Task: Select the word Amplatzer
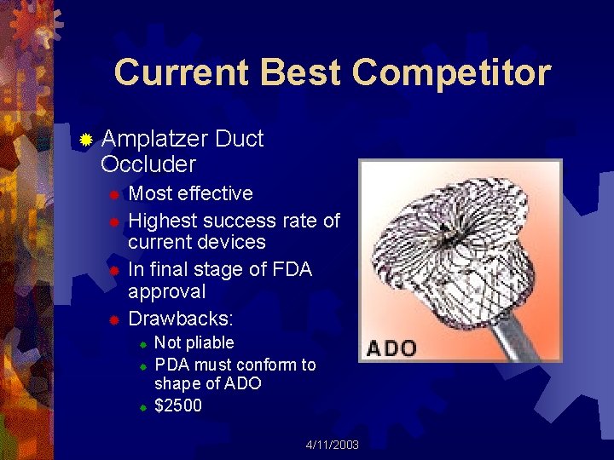(x=154, y=139)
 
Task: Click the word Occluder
(x=148, y=164)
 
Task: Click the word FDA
(x=293, y=270)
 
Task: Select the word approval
(x=166, y=292)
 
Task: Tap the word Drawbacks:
(x=181, y=319)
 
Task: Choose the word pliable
(x=210, y=343)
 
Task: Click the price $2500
(x=178, y=406)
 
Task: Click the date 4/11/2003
(x=333, y=446)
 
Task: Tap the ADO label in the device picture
(x=391, y=348)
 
